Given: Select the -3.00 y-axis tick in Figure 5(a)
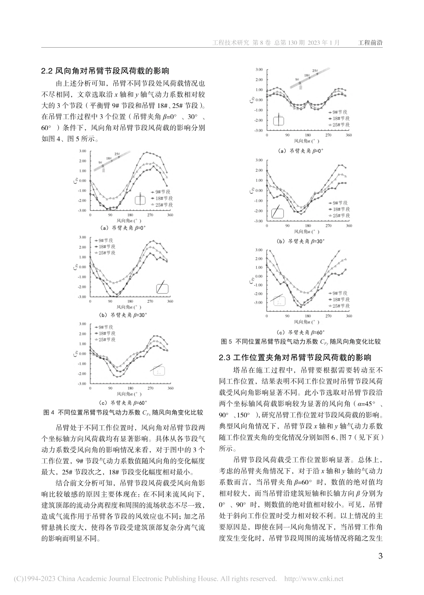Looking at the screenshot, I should coord(259,131).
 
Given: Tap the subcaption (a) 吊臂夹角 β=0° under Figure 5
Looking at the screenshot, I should coord(301,151).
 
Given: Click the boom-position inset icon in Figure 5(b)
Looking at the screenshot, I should coord(278,211).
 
